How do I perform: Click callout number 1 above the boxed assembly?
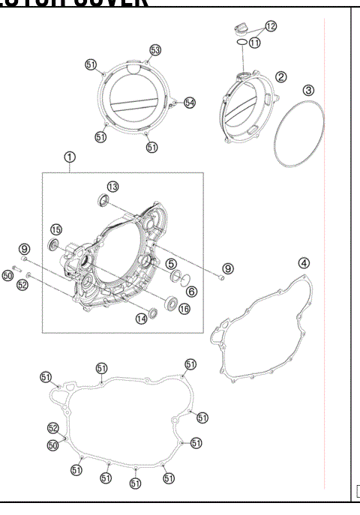69,158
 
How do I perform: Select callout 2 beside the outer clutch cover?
280,76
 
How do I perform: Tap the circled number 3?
308,90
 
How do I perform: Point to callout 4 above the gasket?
303,263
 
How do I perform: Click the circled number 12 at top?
270,26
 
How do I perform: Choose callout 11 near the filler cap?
255,43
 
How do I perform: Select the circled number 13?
112,186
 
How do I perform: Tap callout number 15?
56,229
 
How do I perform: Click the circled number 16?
184,308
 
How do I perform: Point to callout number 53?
155,50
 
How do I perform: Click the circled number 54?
189,102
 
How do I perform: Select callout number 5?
172,264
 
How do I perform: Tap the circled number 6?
190,292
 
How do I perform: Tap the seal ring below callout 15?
53,244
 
